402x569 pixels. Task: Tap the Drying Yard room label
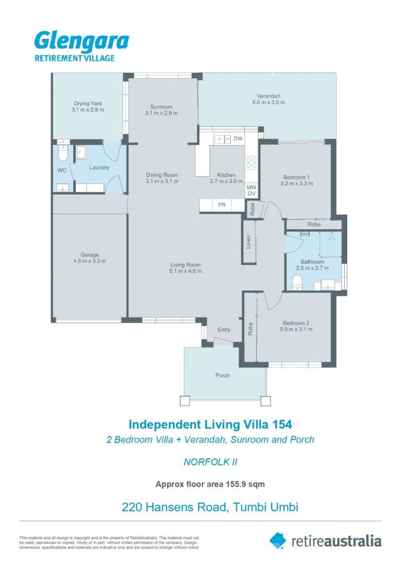88,103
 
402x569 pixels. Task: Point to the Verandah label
268,96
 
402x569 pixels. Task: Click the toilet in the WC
63,153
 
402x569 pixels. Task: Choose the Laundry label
99,168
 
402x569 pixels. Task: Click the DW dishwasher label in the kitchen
238,139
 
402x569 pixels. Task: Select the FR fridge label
222,205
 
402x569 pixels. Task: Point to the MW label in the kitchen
251,187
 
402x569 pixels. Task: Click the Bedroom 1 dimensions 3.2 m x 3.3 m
296,184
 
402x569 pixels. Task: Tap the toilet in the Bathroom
296,281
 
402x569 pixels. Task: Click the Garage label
90,255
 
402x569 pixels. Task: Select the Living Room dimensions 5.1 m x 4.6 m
186,271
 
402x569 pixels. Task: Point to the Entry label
224,330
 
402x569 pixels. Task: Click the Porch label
222,376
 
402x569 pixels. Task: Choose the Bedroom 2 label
296,323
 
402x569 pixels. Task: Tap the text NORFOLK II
210,462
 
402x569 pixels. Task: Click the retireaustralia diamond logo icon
278,540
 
